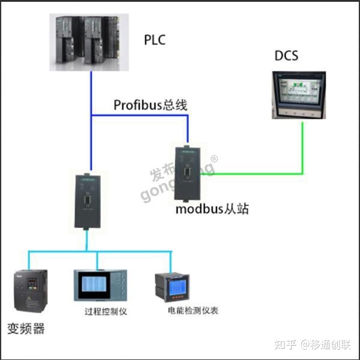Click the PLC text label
(x=154, y=40)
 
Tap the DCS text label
(x=286, y=56)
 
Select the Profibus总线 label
(x=151, y=105)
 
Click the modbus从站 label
(x=212, y=209)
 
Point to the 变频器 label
(x=26, y=329)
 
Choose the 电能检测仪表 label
(x=193, y=311)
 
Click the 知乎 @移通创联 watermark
(x=311, y=344)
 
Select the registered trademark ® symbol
(x=214, y=159)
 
